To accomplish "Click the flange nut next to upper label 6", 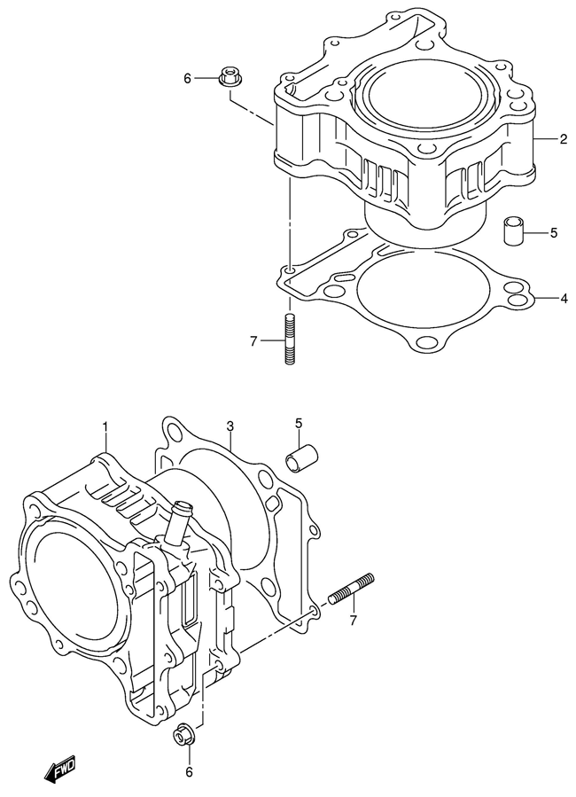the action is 231,76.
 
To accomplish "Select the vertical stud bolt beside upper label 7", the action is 290,339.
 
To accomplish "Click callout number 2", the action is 564,139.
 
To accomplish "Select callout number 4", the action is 564,299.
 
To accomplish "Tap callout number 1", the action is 105,426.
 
